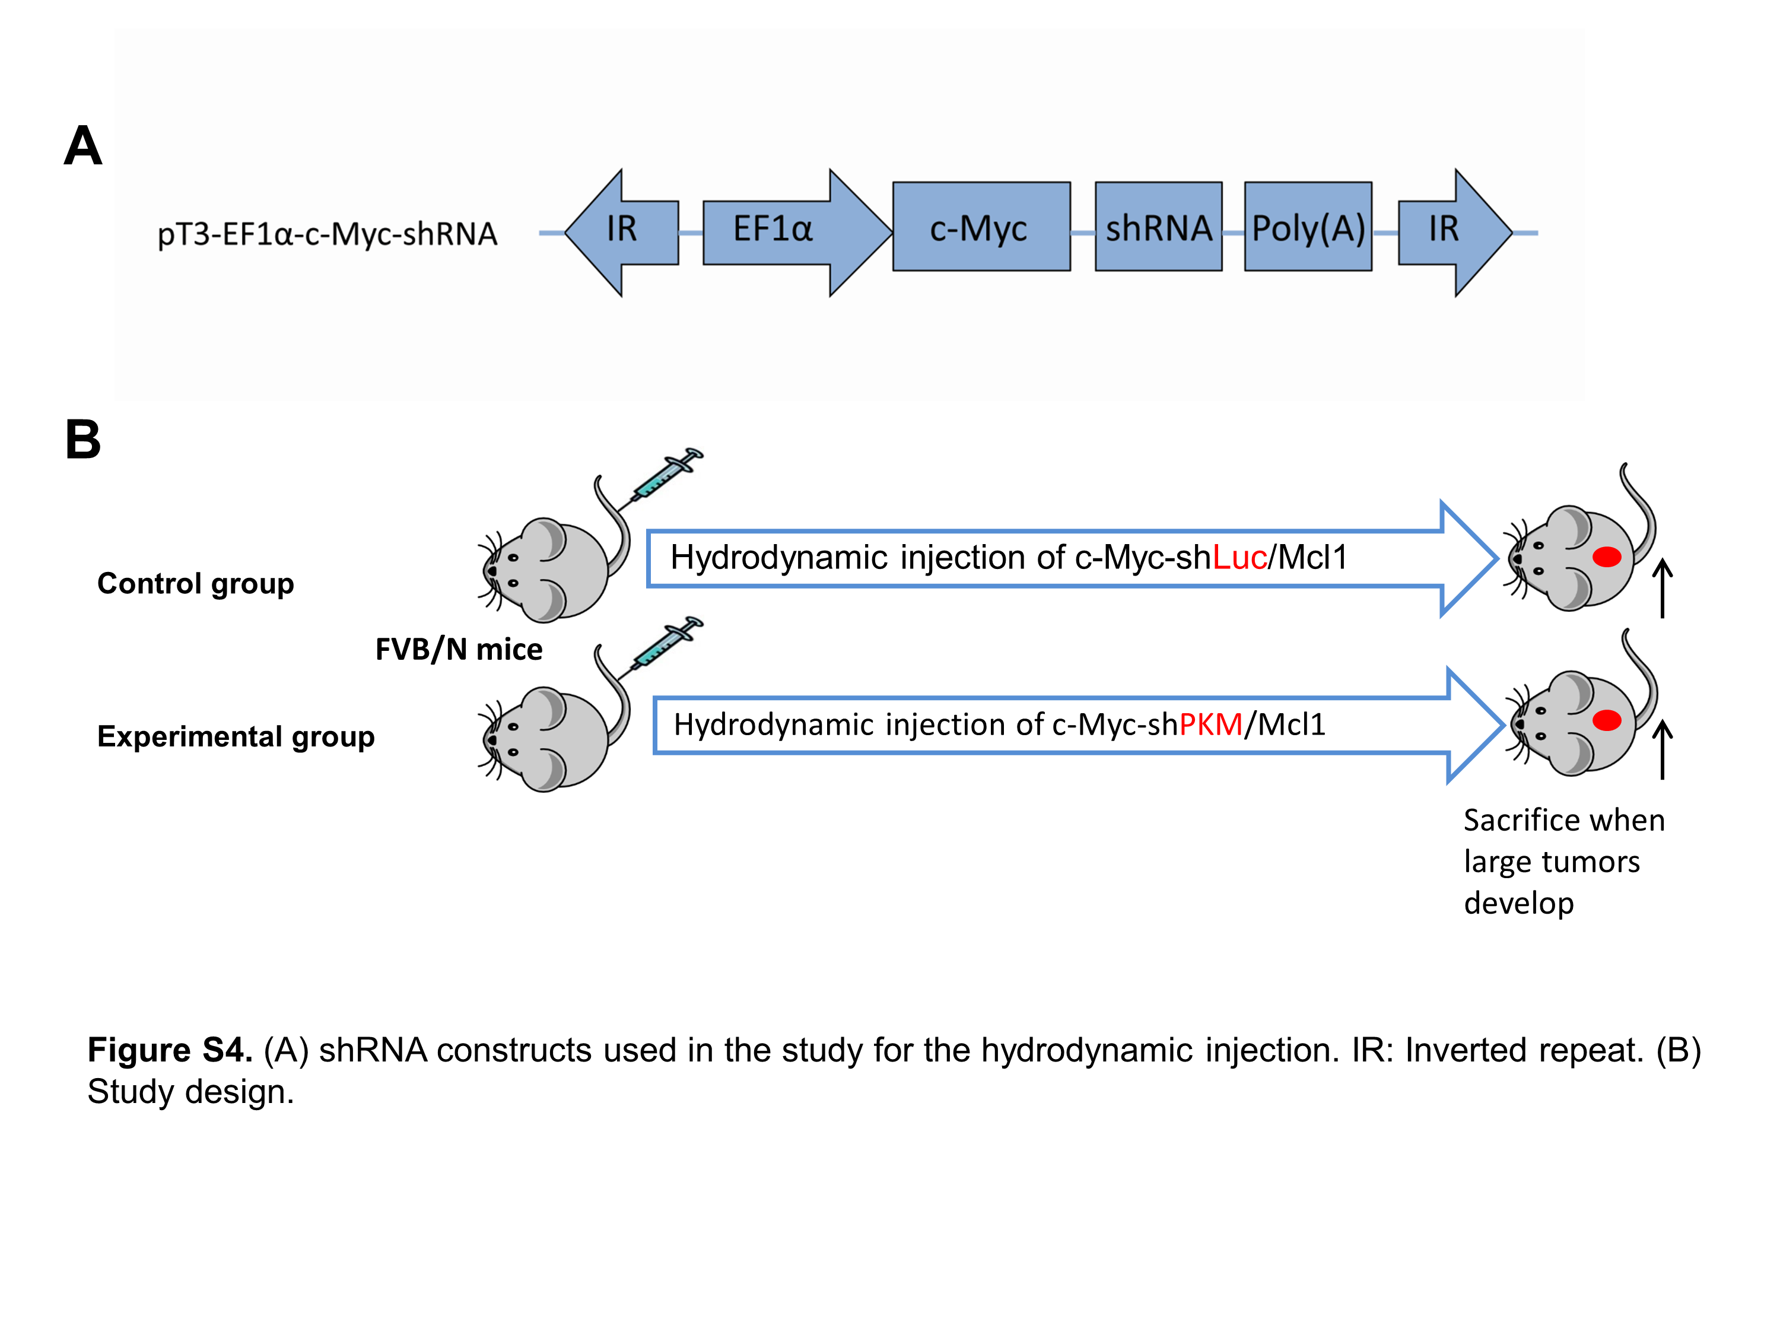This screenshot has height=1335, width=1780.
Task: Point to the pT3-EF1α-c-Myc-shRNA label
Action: (327, 234)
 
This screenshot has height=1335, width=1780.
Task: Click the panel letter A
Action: (83, 147)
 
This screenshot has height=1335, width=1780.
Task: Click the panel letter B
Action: (83, 440)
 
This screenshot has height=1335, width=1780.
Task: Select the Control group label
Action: (196, 583)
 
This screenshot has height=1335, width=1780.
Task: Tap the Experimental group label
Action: (236, 736)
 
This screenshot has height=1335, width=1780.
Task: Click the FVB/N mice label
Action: (459, 649)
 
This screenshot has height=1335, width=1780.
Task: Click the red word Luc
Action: (1239, 558)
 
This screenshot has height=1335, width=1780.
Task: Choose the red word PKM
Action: (1210, 725)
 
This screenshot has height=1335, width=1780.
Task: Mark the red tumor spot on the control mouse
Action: (1606, 557)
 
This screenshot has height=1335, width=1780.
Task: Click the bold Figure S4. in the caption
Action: (170, 1050)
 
